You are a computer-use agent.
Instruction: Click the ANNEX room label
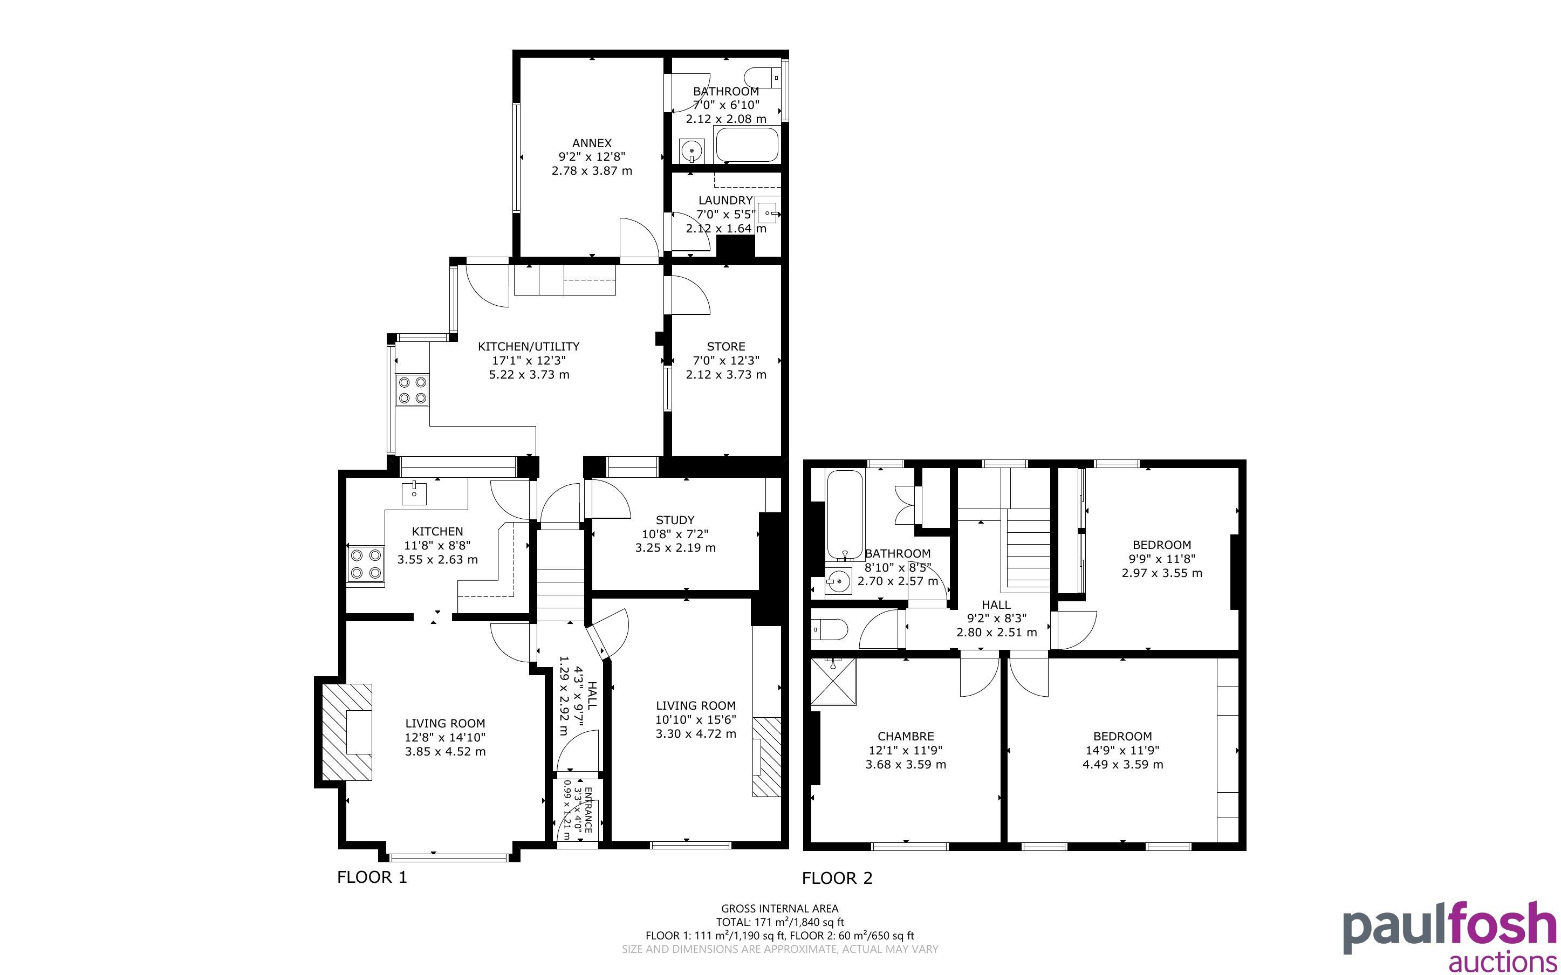[591, 143]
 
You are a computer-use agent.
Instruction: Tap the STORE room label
[725, 346]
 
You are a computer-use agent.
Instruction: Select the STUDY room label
[675, 520]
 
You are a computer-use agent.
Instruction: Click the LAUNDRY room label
[725, 201]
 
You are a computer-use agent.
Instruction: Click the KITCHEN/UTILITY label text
[529, 346]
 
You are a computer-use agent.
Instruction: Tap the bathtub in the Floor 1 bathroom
[747, 145]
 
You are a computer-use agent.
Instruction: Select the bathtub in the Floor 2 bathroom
[844, 515]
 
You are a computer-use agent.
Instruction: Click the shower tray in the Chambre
[834, 682]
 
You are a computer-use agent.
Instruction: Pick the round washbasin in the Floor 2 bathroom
[838, 581]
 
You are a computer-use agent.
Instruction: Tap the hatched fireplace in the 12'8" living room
[346, 732]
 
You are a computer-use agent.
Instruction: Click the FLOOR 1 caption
[372, 877]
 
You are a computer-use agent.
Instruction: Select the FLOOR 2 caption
[837, 877]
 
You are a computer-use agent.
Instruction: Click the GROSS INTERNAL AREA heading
[779, 909]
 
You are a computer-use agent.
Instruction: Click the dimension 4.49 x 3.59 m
[1122, 765]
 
